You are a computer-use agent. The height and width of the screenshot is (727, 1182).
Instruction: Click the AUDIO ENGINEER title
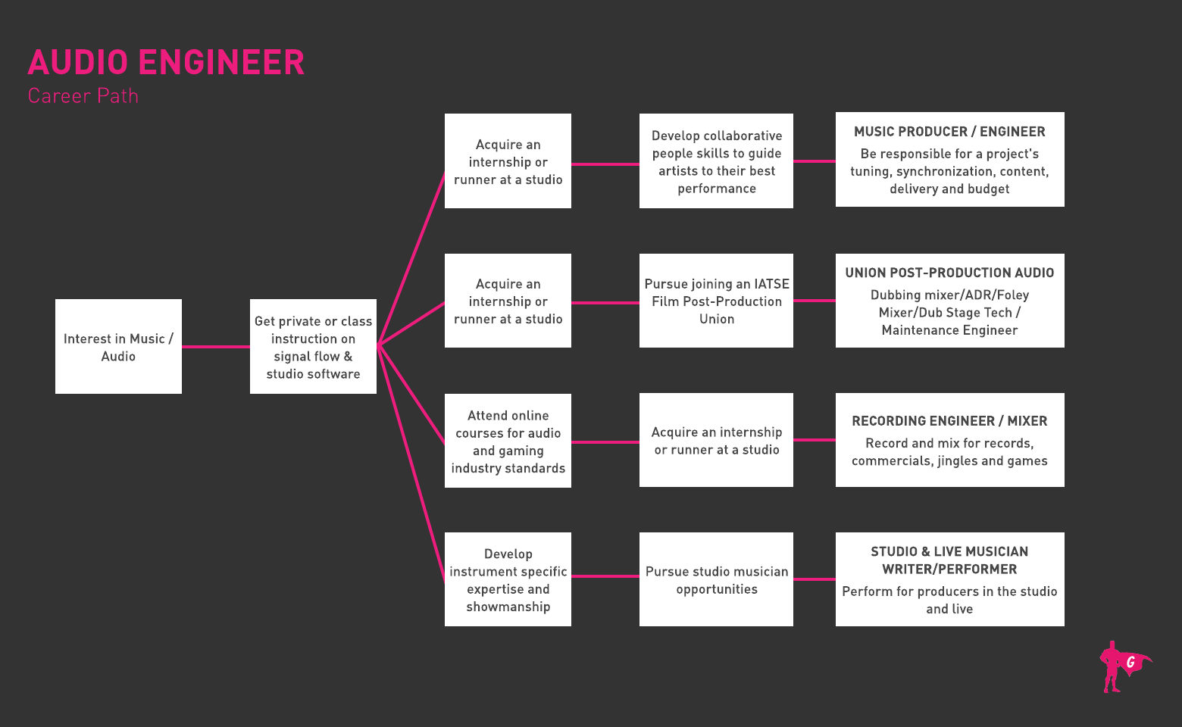[x=166, y=63]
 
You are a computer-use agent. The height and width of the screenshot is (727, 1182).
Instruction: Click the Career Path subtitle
[x=83, y=96]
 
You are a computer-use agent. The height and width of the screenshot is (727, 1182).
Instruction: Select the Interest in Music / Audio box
[x=118, y=347]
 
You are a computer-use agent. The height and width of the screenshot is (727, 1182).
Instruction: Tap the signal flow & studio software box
[x=313, y=347]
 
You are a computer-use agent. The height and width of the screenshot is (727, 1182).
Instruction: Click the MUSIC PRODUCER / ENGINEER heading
[x=949, y=132]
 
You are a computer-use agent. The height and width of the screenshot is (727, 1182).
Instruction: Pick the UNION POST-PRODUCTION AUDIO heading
[x=949, y=273]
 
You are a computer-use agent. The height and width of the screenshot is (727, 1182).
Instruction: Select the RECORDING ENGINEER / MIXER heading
[x=949, y=421]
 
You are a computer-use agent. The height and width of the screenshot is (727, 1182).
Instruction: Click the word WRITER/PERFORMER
[x=949, y=569]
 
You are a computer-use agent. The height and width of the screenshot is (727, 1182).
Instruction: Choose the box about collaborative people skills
[x=716, y=161]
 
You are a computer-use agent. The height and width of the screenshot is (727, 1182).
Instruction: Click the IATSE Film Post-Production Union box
[x=716, y=301]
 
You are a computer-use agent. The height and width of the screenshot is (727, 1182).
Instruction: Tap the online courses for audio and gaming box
[x=508, y=442]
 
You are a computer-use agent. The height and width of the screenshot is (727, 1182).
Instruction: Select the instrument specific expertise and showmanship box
[x=508, y=580]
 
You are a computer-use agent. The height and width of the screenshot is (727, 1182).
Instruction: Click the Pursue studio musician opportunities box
[x=716, y=580]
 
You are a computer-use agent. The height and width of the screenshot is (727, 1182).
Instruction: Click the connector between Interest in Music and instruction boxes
[x=216, y=347]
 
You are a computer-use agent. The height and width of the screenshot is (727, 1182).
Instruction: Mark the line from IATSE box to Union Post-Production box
[x=815, y=301]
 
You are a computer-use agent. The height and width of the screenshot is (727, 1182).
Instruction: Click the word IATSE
[x=771, y=284]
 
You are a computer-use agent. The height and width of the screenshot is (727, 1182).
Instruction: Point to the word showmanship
[x=508, y=607]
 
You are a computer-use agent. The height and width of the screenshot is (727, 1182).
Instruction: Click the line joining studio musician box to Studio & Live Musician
[x=815, y=579]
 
